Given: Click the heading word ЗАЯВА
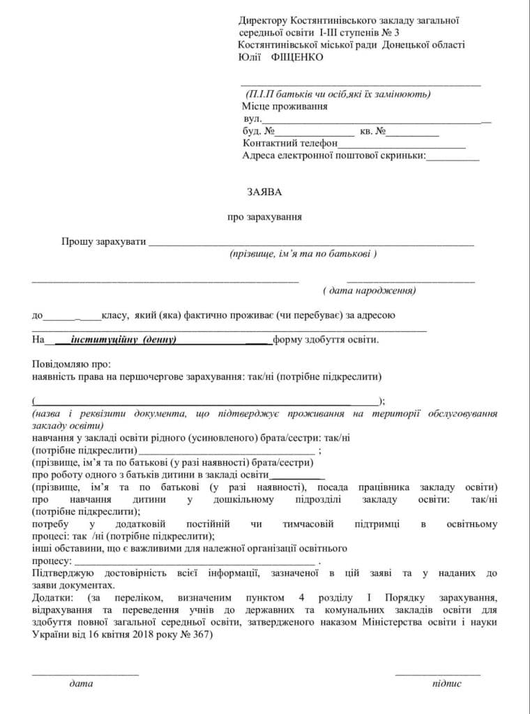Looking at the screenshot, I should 264,190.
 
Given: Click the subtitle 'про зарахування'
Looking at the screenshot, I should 264,217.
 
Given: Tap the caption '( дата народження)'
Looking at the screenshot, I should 370,289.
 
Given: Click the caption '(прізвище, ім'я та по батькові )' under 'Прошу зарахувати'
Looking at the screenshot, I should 303,255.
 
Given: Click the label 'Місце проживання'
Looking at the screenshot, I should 285,107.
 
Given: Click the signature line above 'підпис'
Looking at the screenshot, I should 437,674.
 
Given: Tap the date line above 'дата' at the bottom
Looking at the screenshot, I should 84,674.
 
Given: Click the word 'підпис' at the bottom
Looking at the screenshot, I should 446,684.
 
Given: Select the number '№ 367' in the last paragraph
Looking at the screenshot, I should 197,636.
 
